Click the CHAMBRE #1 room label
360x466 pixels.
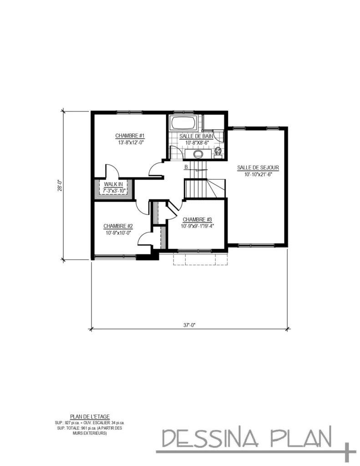130,136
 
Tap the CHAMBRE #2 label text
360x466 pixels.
118,226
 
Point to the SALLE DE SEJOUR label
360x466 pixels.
258,167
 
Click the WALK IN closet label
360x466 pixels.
113,184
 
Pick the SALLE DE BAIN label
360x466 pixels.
197,137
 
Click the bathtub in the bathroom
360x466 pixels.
183,122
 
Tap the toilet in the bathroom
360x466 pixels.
218,151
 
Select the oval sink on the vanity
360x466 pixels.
198,154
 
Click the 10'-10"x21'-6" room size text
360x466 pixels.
258,174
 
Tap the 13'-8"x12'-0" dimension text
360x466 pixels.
130,142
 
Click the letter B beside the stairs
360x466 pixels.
186,167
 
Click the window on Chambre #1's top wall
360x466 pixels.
130,112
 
